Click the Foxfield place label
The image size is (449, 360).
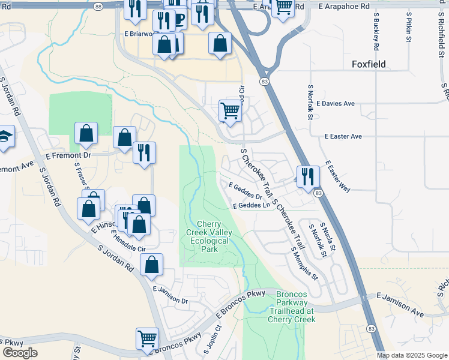point(369,64)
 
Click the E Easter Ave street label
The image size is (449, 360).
point(343,137)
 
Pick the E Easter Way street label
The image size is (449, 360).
point(338,175)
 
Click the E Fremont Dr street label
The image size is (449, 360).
point(68,155)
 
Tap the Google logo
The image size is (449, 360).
point(20,353)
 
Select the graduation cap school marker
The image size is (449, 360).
point(4,136)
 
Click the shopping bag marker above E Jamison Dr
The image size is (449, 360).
point(151,265)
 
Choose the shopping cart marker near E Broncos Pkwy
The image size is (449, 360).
point(147,338)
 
